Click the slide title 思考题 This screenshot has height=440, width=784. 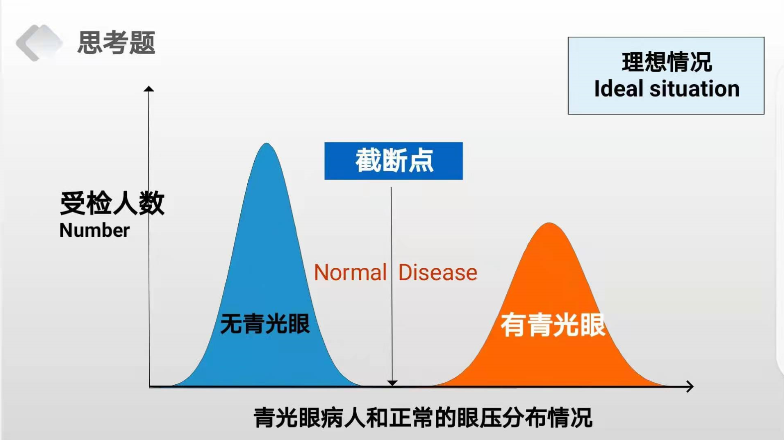pyautogui.click(x=116, y=42)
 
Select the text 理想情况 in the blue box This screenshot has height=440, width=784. pyautogui.click(x=667, y=62)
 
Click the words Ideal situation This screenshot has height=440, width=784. pyautogui.click(x=667, y=88)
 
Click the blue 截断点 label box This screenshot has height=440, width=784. pyautogui.click(x=393, y=161)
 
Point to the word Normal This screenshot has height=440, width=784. pyautogui.click(x=350, y=273)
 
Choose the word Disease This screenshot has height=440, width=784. pyautogui.click(x=438, y=273)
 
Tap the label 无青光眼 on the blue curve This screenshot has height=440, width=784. pyautogui.click(x=265, y=324)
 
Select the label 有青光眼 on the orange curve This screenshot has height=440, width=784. pyautogui.click(x=553, y=325)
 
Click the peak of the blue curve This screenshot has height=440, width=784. pyautogui.click(x=267, y=143)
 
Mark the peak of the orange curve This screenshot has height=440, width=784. pyautogui.click(x=549, y=223)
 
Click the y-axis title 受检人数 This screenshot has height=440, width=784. pyautogui.click(x=112, y=203)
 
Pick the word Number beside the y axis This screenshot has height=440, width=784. pyautogui.click(x=95, y=230)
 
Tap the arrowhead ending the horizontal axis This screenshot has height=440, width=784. pyautogui.click(x=690, y=386)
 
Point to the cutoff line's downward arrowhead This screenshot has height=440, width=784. pyautogui.click(x=392, y=383)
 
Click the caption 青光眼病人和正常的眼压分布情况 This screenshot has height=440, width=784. pyautogui.click(x=423, y=417)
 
